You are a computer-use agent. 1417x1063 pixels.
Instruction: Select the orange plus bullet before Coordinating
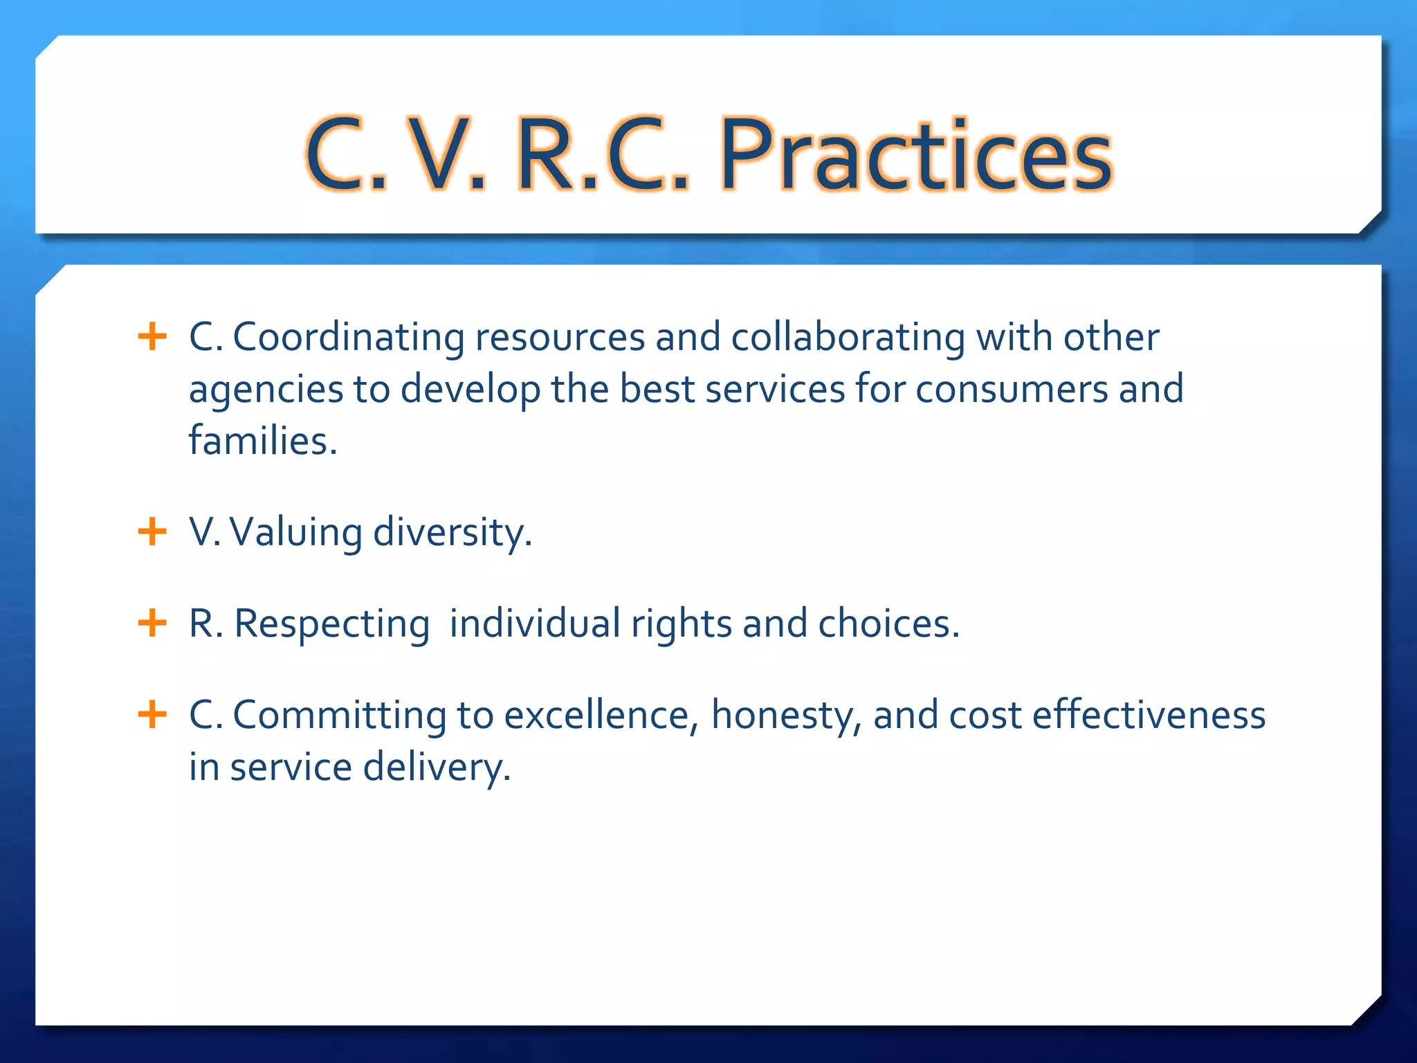(x=152, y=337)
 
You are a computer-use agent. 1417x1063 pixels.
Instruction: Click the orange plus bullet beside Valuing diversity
(x=152, y=532)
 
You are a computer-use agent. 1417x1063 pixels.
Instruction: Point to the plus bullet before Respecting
(x=152, y=623)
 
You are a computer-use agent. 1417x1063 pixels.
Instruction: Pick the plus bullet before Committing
(x=152, y=714)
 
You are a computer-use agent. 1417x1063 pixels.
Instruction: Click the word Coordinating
(x=349, y=338)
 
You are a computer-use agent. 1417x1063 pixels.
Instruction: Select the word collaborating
(x=848, y=338)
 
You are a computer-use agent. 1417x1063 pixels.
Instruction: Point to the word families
(x=263, y=441)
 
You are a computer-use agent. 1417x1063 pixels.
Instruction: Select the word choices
(x=888, y=624)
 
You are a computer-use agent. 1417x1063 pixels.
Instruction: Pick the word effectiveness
(x=1149, y=715)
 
